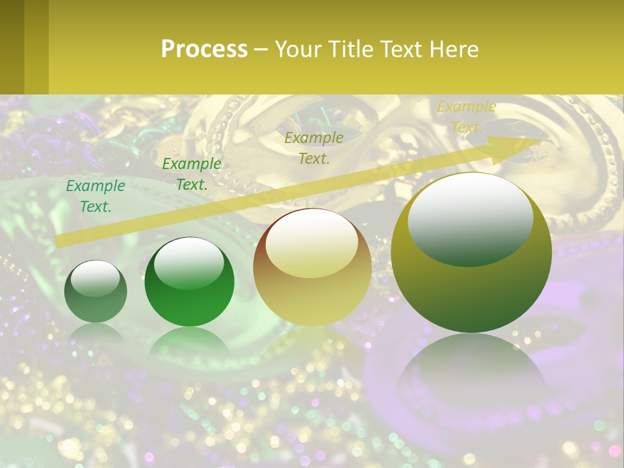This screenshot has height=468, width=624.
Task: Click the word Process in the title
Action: (x=204, y=49)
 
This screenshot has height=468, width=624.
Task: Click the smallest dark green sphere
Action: (x=96, y=292)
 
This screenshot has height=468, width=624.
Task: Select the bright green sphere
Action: (x=189, y=282)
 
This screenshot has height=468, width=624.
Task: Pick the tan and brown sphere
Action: (x=312, y=266)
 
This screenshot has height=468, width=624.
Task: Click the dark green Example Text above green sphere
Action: (x=192, y=174)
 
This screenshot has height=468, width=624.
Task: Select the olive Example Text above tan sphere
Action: (x=314, y=148)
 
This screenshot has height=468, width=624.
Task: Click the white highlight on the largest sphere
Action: (x=471, y=211)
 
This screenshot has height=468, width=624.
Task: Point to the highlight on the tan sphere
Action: (x=311, y=244)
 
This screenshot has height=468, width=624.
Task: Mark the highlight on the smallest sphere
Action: (x=95, y=278)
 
